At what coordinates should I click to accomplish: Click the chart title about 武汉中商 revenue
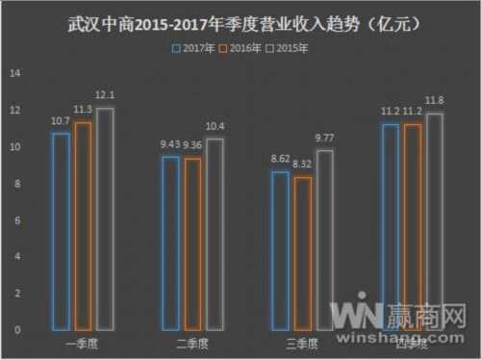240,20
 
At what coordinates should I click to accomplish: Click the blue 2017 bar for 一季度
61,231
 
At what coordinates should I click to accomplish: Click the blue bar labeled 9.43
170,243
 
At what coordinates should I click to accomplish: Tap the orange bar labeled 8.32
302,253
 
